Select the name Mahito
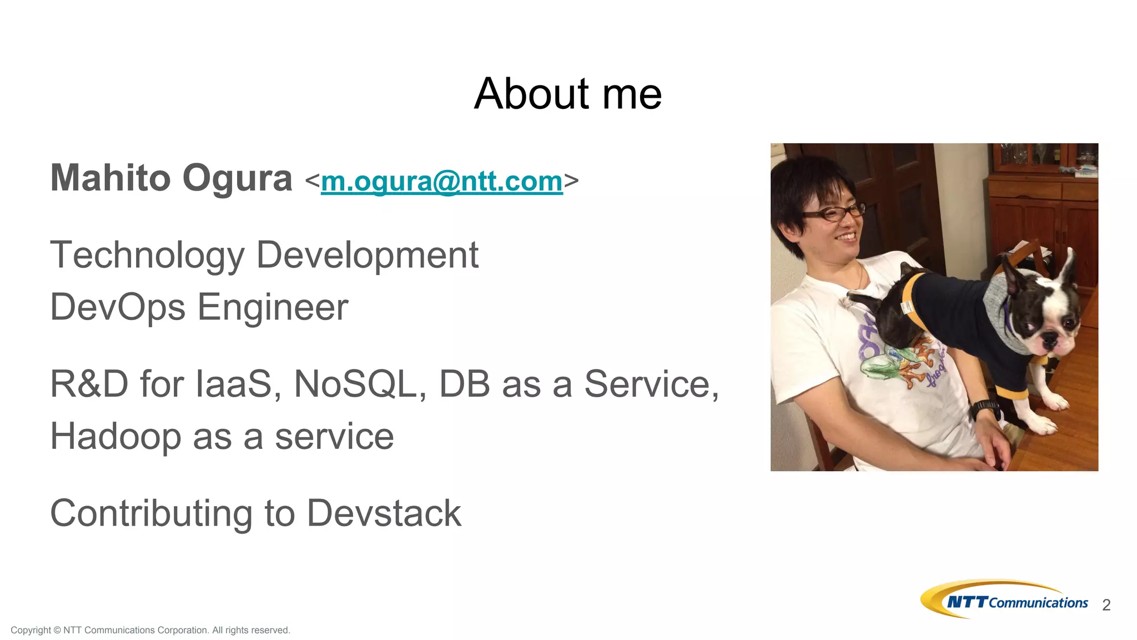[x=110, y=178]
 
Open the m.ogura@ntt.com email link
[x=441, y=181]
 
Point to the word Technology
[x=147, y=256]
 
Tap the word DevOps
[x=117, y=307]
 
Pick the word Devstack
[x=384, y=513]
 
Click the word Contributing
[x=151, y=514]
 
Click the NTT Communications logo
[x=1004, y=599]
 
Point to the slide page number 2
[x=1106, y=605]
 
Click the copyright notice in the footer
[x=150, y=630]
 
